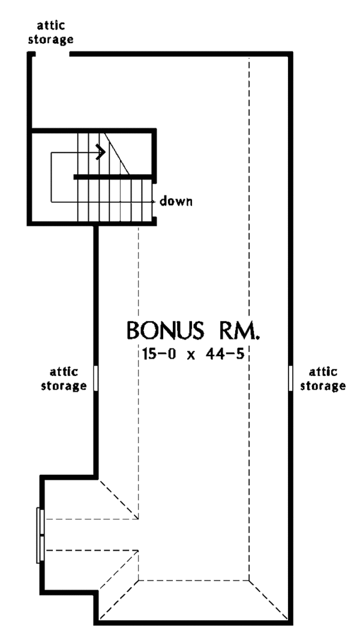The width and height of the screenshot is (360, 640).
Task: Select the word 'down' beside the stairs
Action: [176, 201]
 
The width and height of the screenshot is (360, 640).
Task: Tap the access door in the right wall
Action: [292, 378]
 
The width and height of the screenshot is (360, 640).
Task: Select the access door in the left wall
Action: [95, 378]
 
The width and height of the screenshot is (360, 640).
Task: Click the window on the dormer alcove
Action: [40, 535]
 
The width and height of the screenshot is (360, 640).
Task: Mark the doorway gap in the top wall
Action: [53, 54]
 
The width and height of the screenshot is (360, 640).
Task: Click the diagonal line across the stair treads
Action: [117, 153]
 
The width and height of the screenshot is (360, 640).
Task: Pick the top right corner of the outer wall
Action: [292, 55]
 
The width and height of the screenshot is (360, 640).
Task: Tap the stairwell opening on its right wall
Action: [155, 201]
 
